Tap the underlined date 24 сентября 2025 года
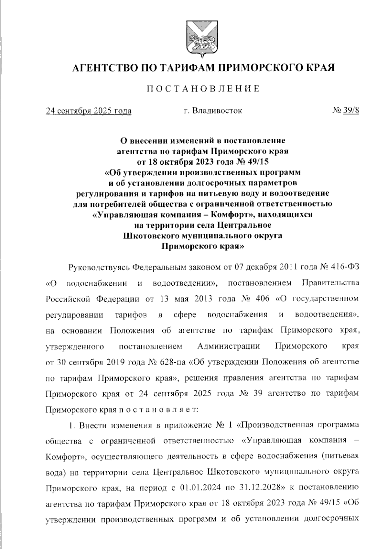coord(89,111)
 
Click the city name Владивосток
coord(217,111)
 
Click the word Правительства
coord(330,283)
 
